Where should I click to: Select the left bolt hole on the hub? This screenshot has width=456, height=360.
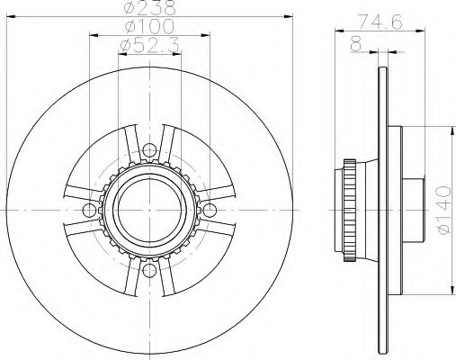tap(88, 210)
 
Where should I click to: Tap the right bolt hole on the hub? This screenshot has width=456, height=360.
tap(209, 210)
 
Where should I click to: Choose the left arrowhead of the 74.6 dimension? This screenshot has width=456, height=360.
tap(338, 31)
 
